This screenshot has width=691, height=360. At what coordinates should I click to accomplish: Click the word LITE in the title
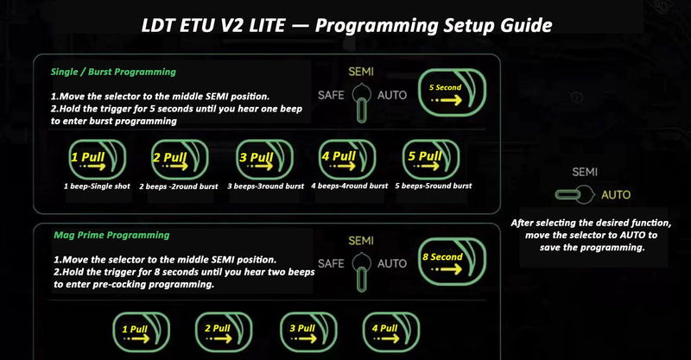click(x=267, y=26)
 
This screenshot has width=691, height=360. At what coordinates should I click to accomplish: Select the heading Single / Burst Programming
click(x=113, y=72)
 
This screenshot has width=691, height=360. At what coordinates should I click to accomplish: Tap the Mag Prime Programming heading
click(x=111, y=236)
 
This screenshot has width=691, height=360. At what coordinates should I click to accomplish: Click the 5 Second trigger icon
click(x=452, y=92)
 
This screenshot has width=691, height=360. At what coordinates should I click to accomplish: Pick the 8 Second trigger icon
click(x=452, y=262)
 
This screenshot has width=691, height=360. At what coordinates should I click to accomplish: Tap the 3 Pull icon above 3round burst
click(x=264, y=160)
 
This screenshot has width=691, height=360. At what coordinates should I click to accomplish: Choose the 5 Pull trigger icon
click(x=431, y=160)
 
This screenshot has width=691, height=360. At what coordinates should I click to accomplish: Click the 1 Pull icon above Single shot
click(x=98, y=160)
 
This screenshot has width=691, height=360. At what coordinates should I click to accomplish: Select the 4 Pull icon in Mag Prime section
click(x=391, y=332)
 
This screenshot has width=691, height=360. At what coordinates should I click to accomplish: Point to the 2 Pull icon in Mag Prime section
click(x=224, y=332)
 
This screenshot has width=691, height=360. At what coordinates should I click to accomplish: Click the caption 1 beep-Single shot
click(x=97, y=186)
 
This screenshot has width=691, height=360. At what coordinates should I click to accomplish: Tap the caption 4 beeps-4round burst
click(x=350, y=186)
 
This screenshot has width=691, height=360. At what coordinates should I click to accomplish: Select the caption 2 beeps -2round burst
click(x=179, y=186)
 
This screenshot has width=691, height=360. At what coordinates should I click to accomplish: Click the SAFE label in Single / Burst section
click(x=331, y=95)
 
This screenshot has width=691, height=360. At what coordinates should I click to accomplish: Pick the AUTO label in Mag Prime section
click(x=392, y=263)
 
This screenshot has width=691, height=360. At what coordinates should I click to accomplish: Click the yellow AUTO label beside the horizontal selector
click(x=616, y=195)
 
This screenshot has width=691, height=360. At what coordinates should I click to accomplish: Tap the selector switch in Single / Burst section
click(x=361, y=104)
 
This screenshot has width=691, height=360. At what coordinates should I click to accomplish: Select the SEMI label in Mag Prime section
click(x=361, y=241)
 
